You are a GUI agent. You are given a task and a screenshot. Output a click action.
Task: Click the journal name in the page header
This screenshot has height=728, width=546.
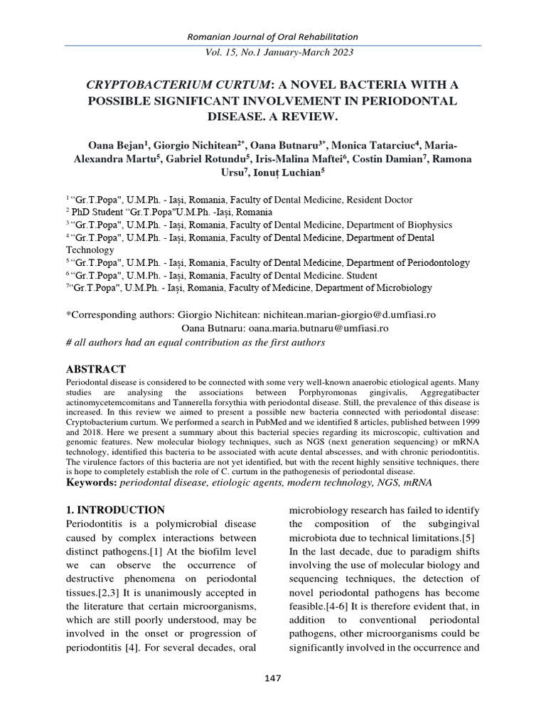tap(272, 36)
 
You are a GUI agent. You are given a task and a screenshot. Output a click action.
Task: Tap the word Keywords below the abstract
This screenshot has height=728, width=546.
tap(91, 483)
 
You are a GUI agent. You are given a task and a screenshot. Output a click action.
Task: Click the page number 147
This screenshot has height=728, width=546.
tap(272, 678)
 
